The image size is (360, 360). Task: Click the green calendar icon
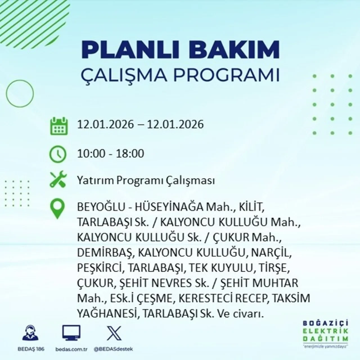pos(59,126)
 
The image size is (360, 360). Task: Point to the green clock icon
pos(58,154)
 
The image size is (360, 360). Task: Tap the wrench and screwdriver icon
pos(58,180)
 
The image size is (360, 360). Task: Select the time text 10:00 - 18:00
pos(111,154)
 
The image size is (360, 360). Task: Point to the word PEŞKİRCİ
pos(100,268)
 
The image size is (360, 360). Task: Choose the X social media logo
pos(114,333)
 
